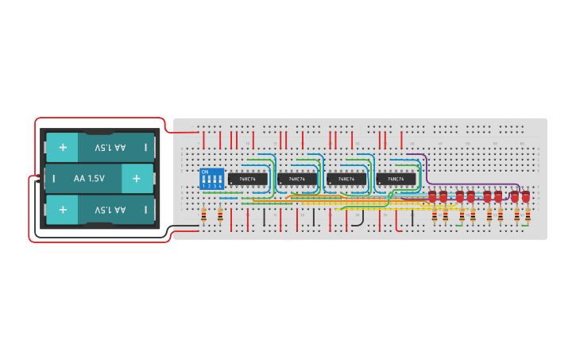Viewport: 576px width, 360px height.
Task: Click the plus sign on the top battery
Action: click(x=62, y=147)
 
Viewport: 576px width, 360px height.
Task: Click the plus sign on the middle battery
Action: click(x=136, y=179)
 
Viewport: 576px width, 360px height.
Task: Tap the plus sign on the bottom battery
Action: click(x=62, y=211)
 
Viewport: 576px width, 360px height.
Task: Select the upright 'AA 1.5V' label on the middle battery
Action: click(x=89, y=179)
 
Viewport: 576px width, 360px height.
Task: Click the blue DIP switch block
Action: click(x=211, y=179)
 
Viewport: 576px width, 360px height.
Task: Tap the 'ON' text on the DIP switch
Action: click(x=205, y=172)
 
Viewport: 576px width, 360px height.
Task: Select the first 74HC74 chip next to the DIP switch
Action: click(x=248, y=180)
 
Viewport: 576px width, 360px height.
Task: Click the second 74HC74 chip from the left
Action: click(x=297, y=180)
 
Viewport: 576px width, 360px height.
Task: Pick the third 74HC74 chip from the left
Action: click(x=346, y=180)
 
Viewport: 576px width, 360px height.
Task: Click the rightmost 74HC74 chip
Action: click(x=396, y=180)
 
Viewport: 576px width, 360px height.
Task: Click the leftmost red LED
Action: click(x=432, y=195)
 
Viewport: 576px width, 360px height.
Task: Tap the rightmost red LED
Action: click(x=525, y=195)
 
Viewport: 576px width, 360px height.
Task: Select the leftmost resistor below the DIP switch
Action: click(x=204, y=215)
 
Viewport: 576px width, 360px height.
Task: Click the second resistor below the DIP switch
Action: click(x=220, y=215)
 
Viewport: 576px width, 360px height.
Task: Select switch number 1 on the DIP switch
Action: click(x=204, y=181)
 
